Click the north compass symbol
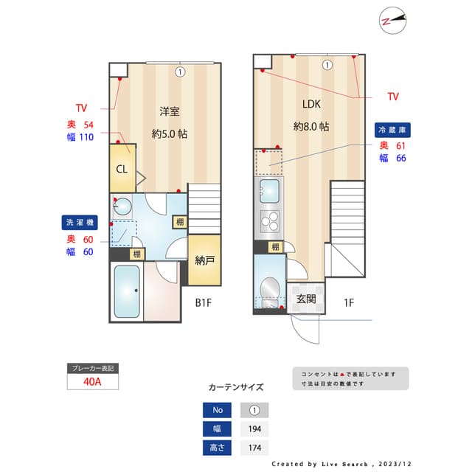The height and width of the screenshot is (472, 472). pos(394,21)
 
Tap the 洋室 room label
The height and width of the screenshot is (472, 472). pos(170,112)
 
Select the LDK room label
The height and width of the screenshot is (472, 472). pos(310,104)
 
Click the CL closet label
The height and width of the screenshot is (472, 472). pos(122,168)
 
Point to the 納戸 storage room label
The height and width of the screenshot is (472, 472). pos(205,260)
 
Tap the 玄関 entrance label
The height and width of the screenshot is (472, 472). pos(306,299)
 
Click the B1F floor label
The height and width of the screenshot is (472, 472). pos(204,302)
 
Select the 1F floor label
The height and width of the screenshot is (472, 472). pos(349,302)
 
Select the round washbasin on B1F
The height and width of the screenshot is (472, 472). pos(122,206)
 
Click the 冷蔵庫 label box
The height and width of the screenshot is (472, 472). pos(392,129)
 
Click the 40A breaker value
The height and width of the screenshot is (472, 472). pos(92,382)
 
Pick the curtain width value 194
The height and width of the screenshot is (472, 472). pos(254,429)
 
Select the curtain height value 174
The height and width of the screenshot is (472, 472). pos(254,448)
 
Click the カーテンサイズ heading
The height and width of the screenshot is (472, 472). pos(235,386)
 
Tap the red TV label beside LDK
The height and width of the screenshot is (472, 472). pos(393,97)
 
